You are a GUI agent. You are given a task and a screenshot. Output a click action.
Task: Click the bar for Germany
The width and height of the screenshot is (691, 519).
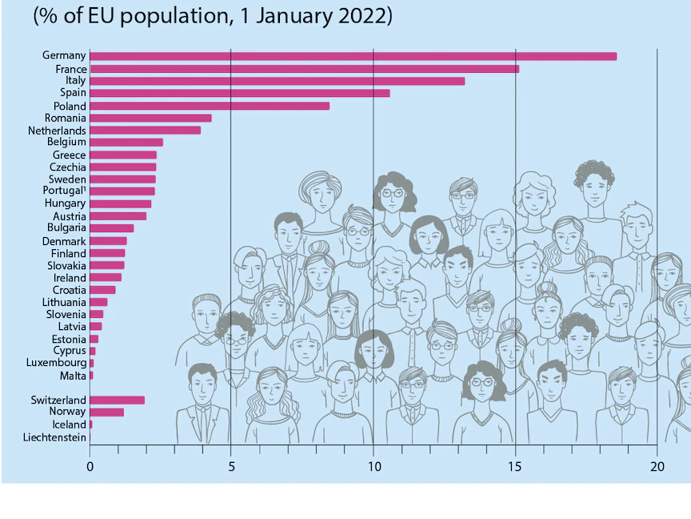click(353, 56)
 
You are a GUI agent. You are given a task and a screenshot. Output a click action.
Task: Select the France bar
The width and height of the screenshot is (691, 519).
click(304, 69)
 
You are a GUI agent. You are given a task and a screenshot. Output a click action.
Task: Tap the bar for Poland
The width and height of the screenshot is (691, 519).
click(210, 106)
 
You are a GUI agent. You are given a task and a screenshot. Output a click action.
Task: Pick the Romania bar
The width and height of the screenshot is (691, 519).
click(150, 118)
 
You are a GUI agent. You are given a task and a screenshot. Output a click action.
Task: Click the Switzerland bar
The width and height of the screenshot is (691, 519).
click(118, 400)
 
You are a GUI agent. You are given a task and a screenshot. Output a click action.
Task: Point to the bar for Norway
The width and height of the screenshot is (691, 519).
click(107, 412)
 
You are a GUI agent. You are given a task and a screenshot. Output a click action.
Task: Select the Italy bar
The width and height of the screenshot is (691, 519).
click(277, 81)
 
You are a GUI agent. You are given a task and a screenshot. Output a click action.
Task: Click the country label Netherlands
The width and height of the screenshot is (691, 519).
click(57, 131)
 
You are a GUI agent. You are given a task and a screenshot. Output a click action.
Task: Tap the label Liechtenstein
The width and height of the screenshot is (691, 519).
click(54, 437)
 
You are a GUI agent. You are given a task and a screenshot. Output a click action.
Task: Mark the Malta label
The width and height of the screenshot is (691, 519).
click(73, 376)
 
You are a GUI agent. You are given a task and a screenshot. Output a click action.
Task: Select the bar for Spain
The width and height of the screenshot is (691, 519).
click(240, 93)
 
